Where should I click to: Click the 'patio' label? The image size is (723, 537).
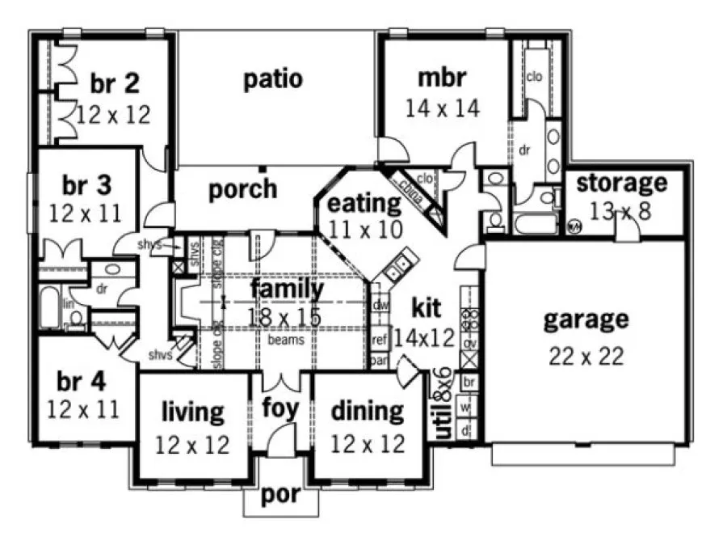[273, 79]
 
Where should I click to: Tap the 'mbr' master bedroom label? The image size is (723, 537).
[443, 78]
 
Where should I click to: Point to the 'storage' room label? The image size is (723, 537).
[621, 183]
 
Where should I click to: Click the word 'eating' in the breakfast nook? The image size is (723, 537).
[364, 202]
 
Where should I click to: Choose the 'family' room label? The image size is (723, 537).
[287, 288]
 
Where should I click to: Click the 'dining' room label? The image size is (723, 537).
[368, 411]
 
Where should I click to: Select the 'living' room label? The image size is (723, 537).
[192, 412]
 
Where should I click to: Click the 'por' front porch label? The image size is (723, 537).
[280, 495]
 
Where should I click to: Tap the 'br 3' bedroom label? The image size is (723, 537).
[86, 185]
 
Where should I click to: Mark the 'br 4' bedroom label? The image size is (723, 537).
[82, 379]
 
